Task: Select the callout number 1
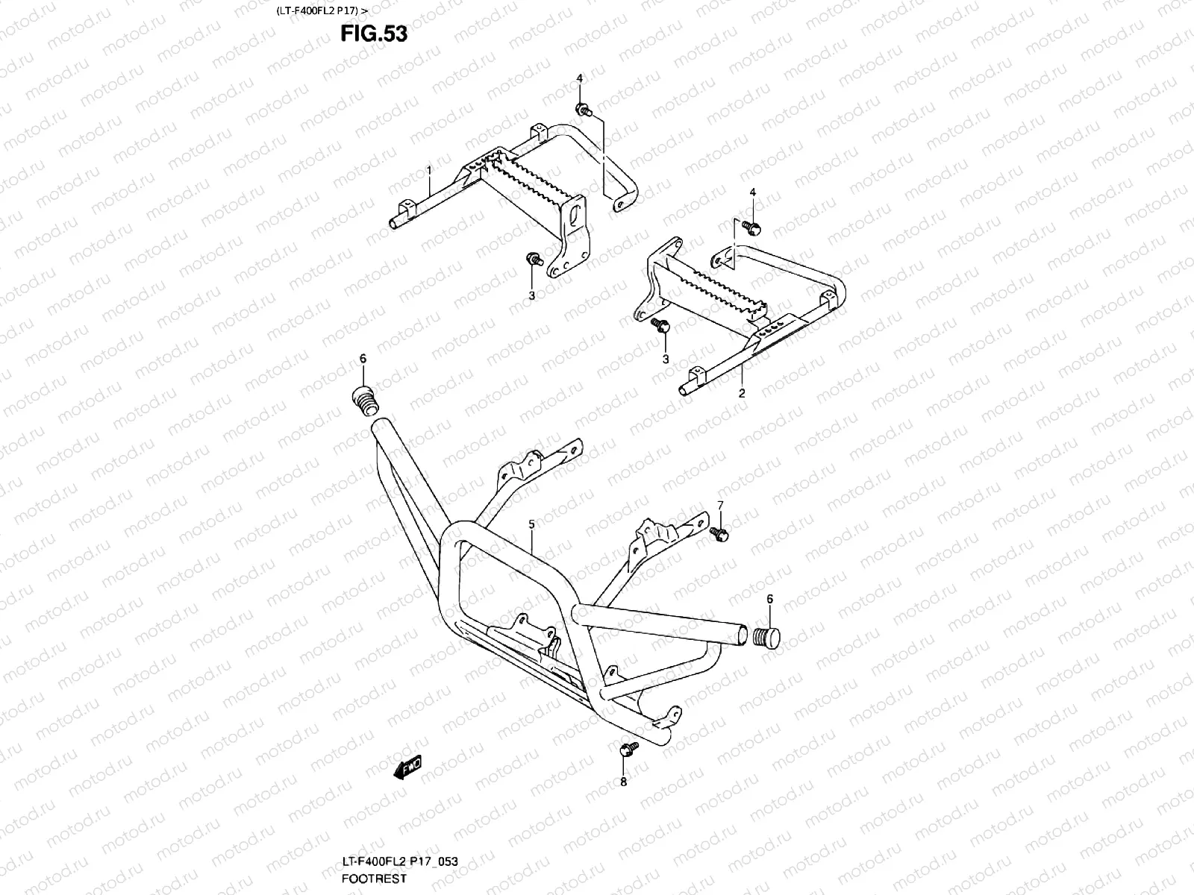tap(430, 171)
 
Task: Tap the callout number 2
tap(742, 393)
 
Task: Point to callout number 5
tap(531, 524)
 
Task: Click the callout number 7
tap(720, 505)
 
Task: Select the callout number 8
tap(624, 782)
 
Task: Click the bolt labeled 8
tap(628, 748)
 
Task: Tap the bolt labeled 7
tap(720, 533)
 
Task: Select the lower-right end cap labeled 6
tap(766, 638)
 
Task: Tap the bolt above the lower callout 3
tap(660, 324)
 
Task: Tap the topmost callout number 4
tap(579, 78)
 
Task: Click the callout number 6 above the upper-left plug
tap(363, 359)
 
